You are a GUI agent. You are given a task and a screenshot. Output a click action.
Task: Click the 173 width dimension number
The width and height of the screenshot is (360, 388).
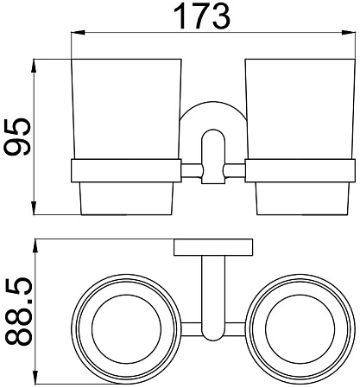[x=202, y=16]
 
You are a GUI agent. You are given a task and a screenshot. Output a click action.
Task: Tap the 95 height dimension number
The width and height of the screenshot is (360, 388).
[x=16, y=137]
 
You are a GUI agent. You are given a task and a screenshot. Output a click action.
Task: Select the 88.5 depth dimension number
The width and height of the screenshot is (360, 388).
[x=18, y=311]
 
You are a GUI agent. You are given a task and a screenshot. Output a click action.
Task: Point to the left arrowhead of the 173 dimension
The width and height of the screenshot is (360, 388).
[x=79, y=32]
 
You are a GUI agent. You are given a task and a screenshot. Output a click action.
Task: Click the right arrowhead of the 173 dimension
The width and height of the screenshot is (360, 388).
[x=348, y=32]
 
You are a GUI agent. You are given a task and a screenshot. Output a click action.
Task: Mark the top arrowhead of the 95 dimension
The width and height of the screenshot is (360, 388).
[x=34, y=67]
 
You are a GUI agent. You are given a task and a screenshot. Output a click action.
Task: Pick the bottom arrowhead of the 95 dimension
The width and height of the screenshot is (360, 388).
[x=34, y=207]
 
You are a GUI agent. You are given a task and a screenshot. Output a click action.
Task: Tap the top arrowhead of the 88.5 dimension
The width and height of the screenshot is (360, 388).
[x=35, y=246]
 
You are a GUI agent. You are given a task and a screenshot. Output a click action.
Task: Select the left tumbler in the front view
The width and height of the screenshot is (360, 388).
[x=126, y=137]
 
